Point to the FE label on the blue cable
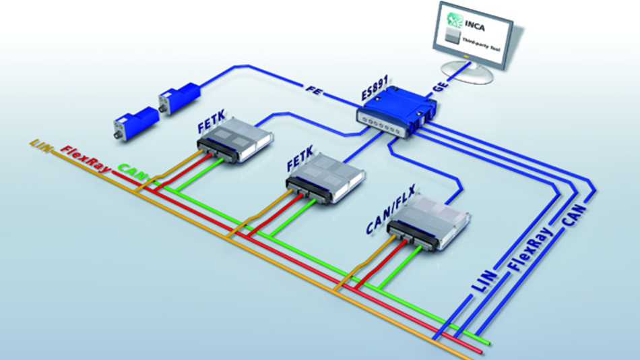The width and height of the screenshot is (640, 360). click(x=312, y=87)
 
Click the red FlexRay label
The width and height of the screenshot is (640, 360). click(x=85, y=157)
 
